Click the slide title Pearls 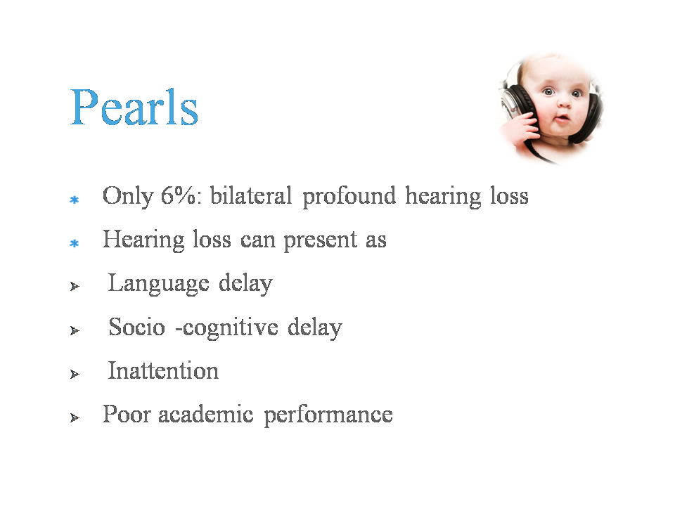(134, 107)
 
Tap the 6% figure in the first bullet (180, 196)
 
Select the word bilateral (251, 195)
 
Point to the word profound (349, 197)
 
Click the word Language (158, 284)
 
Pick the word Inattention (163, 370)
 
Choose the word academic (206, 414)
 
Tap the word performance (328, 415)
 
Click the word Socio (137, 327)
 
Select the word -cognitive (227, 328)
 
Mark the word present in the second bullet (321, 240)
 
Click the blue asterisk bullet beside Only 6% (74, 200)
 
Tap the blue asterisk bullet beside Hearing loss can (74, 244)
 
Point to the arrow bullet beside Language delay (75, 287)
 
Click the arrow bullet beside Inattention (75, 375)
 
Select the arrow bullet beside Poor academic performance (75, 417)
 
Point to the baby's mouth (562, 118)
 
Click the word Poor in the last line (127, 414)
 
